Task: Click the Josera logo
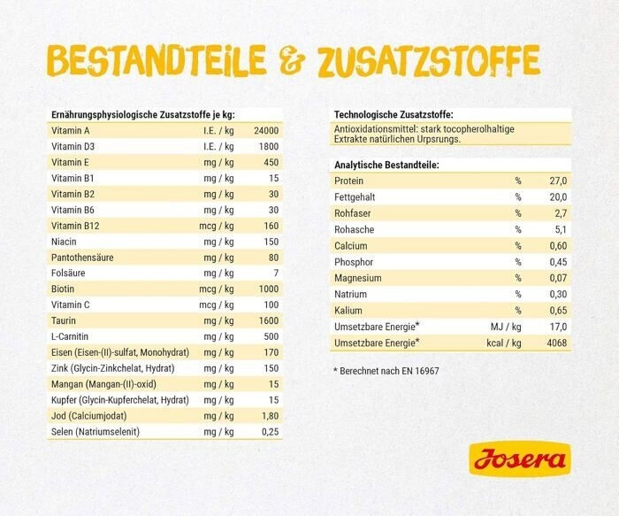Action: pyautogui.click(x=519, y=459)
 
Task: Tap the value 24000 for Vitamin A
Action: pyautogui.click(x=265, y=131)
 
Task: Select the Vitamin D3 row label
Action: pyautogui.click(x=73, y=147)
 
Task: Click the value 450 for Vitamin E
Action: pyautogui.click(x=270, y=163)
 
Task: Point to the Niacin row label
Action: pyautogui.click(x=65, y=242)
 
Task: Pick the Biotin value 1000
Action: pyautogui.click(x=268, y=289)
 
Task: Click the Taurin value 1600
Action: pyautogui.click(x=268, y=320)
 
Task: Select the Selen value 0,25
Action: pyautogui.click(x=269, y=431)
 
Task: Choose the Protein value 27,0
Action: pyautogui.click(x=557, y=181)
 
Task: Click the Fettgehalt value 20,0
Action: pyautogui.click(x=557, y=196)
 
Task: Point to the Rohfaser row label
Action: pyautogui.click(x=353, y=213)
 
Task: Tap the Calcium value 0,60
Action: pyautogui.click(x=557, y=245)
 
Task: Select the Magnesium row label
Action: pyautogui.click(x=357, y=278)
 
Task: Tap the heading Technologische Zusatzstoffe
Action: pyautogui.click(x=394, y=114)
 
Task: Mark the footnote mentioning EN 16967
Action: pyautogui.click(x=386, y=371)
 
